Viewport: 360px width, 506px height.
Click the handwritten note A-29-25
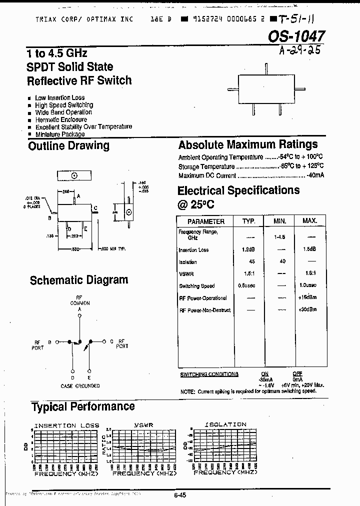295,50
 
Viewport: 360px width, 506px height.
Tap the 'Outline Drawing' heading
68,146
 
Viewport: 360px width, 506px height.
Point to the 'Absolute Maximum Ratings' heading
247,145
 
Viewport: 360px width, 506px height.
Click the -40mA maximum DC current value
315,175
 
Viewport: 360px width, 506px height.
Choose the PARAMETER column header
205,221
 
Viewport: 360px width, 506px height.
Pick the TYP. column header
249,221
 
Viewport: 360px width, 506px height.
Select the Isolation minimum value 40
282,261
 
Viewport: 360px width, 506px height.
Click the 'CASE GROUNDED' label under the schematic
80,385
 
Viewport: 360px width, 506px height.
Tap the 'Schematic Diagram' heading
79,280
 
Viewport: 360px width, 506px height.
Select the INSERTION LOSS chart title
62,425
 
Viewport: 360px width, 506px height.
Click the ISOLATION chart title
225,425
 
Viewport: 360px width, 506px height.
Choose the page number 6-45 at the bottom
180,495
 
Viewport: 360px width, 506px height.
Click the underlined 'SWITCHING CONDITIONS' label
209,374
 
